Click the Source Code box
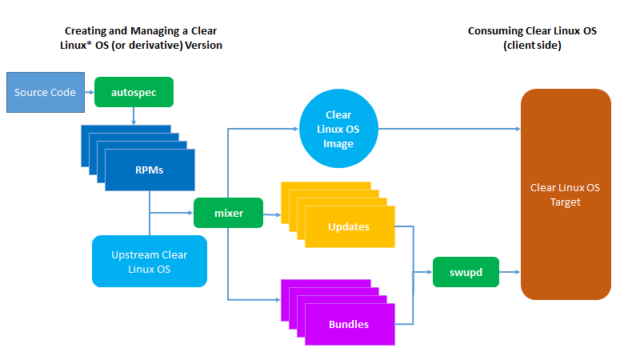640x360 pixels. (46, 92)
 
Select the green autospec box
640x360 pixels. (134, 92)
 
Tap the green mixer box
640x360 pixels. (228, 213)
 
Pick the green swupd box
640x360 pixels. (466, 272)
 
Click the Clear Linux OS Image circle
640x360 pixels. (338, 129)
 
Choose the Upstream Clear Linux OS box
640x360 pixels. (150, 262)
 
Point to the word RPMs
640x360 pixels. (150, 170)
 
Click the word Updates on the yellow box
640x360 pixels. (349, 226)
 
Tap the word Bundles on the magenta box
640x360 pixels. (349, 324)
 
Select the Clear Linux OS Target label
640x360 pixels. (565, 194)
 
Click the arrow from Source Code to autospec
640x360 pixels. (90, 92)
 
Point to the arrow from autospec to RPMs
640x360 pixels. (134, 116)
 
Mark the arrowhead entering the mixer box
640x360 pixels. (190, 213)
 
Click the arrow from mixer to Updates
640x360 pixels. (272, 214)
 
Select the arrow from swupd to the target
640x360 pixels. (510, 272)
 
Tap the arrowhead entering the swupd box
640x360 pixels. (430, 272)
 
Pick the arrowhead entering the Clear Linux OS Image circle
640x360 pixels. (296, 129)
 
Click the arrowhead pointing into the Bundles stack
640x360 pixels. (278, 299)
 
